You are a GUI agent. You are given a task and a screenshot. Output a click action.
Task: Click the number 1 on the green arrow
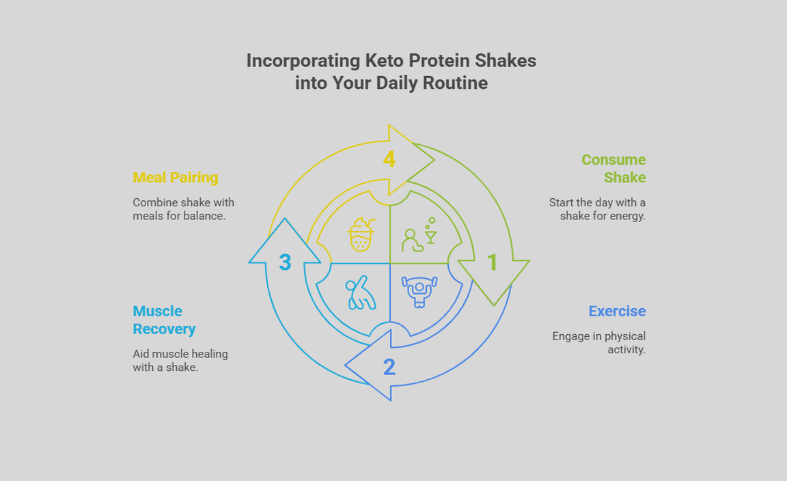click(493, 262)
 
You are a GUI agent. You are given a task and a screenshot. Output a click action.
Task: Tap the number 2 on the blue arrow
click(389, 367)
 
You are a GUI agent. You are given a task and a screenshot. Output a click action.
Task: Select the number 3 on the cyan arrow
click(285, 262)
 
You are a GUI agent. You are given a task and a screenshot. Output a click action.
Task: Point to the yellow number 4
click(389, 159)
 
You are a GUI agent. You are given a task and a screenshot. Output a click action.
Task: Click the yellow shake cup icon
click(361, 234)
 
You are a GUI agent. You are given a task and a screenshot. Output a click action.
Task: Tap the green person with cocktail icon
click(419, 234)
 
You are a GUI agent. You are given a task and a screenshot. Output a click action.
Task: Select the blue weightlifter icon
click(419, 291)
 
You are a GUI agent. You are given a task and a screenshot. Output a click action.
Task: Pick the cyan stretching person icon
click(361, 292)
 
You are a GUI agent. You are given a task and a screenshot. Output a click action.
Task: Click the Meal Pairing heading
click(175, 178)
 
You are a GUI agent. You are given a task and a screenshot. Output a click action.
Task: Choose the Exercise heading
click(617, 312)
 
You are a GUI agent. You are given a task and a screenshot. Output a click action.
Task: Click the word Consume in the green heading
click(613, 160)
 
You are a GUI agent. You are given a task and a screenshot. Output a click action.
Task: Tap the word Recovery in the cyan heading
click(164, 329)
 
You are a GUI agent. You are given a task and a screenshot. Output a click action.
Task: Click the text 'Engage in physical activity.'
click(598, 343)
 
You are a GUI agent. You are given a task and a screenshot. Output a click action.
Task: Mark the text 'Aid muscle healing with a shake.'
click(180, 361)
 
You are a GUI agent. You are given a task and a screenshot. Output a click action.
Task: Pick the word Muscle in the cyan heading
click(157, 312)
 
